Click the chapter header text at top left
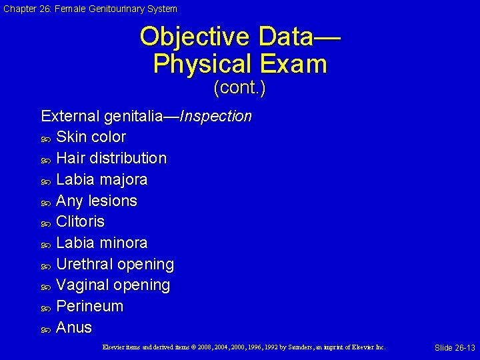(89, 9)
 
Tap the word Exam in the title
(293, 64)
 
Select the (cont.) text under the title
(239, 88)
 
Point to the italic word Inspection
(216, 117)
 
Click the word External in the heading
(70, 117)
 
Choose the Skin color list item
(91, 137)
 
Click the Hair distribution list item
(111, 159)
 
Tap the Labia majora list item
(102, 180)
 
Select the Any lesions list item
(97, 201)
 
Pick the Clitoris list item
(80, 221)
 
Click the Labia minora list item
(102, 243)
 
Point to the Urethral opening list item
(115, 264)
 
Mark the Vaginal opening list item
(113, 285)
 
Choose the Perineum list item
(89, 307)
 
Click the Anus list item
(74, 327)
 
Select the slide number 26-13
(455, 348)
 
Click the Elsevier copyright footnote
(244, 347)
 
